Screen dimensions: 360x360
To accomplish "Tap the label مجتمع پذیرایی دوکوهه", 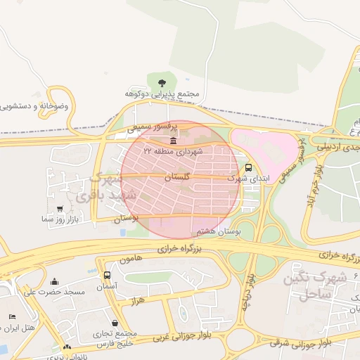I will coord(163,94).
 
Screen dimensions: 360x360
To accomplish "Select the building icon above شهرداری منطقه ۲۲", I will coord(173,141).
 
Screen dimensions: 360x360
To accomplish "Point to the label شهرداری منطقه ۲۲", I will coord(173,151).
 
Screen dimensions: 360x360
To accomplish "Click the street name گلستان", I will coord(176,178).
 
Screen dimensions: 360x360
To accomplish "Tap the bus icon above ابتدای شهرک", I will coord(248,167).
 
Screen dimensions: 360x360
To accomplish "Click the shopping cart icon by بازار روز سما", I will coord(60,209).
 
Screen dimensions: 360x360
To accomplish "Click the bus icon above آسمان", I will coord(107,275).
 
